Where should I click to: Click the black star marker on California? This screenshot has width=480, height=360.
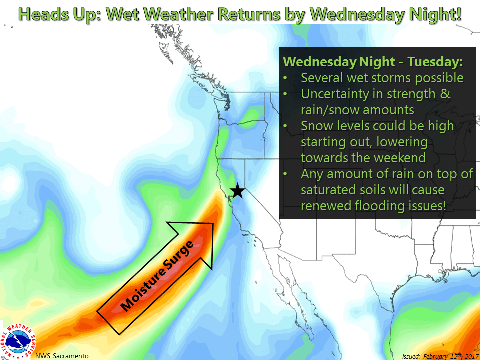pos(237,191)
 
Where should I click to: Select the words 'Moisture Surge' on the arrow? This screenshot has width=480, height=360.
pos(159,276)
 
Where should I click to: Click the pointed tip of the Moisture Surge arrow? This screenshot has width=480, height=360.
pos(213,224)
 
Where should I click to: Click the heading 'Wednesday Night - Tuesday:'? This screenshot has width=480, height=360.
pos(373,62)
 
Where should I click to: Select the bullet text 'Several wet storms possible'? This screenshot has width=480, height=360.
pos(382,78)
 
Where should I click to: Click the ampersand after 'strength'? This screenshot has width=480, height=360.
pos(445,94)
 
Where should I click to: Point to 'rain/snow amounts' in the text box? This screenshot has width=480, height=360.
pos(357,110)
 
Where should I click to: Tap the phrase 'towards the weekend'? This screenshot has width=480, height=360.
pos(363,158)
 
